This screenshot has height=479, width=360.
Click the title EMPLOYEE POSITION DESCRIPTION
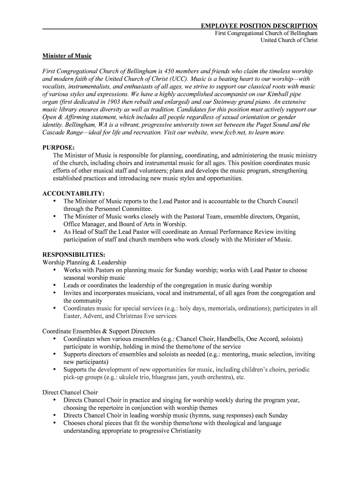pos(259,26)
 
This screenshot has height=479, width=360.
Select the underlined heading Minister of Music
pos(67,56)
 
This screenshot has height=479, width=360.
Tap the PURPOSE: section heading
pos(58,148)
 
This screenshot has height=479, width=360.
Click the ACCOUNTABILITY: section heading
pos(73,194)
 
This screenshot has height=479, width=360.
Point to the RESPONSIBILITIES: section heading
pos(74,255)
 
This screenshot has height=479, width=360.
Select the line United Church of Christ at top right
pos(289,40)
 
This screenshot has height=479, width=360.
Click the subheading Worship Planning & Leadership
pos(84,262)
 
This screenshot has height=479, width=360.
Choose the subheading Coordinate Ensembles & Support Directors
pos(99,331)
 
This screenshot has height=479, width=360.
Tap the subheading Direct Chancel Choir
pos(70,392)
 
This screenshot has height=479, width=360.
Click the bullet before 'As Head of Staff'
pos(55,232)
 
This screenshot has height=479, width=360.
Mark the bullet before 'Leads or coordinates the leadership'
pos(55,285)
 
